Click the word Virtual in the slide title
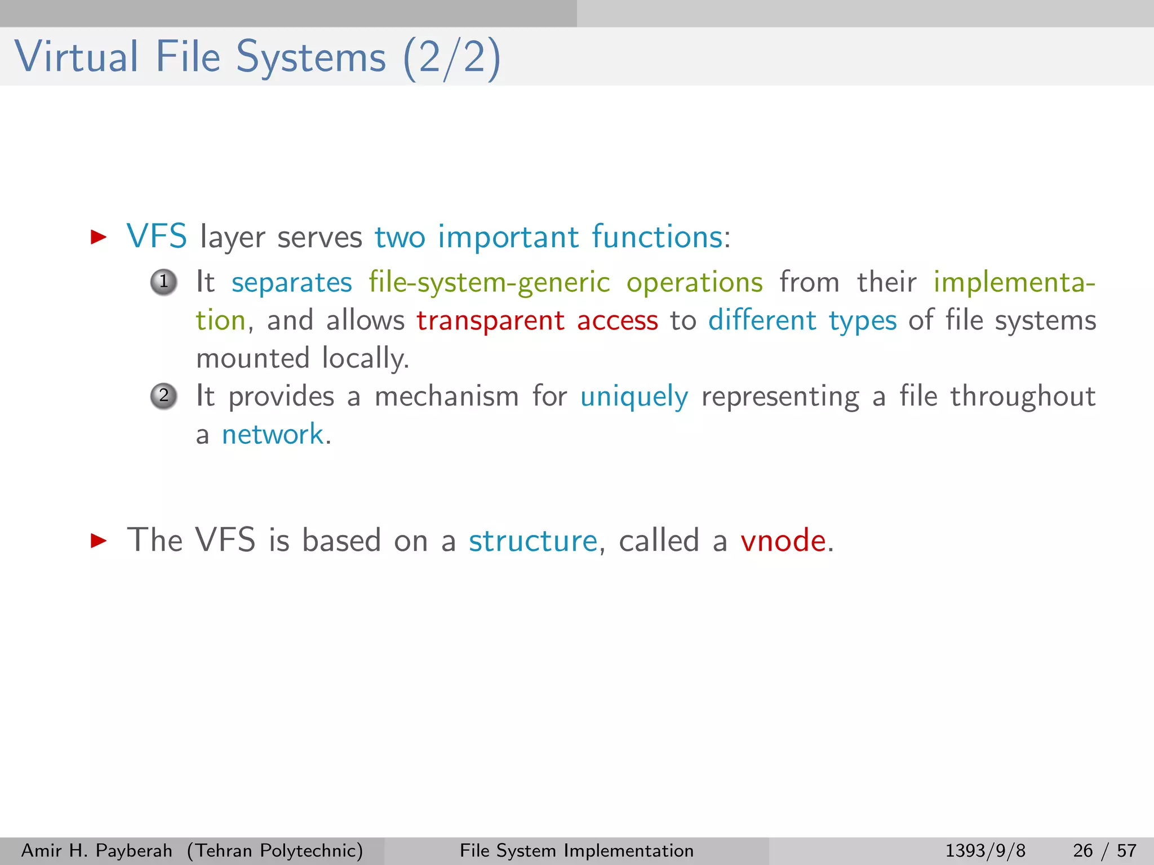76,57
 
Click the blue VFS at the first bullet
157,236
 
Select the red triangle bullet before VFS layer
99,237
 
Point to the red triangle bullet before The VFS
99,541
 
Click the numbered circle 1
164,282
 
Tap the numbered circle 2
164,396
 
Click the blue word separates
291,283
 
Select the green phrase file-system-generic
489,283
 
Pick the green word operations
695,283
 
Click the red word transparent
490,321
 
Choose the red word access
617,321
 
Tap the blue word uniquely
634,397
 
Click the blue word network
273,435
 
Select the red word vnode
783,541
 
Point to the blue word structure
532,541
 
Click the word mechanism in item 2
446,396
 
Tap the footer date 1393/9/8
985,850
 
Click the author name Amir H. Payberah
96,850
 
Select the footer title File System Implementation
576,850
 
